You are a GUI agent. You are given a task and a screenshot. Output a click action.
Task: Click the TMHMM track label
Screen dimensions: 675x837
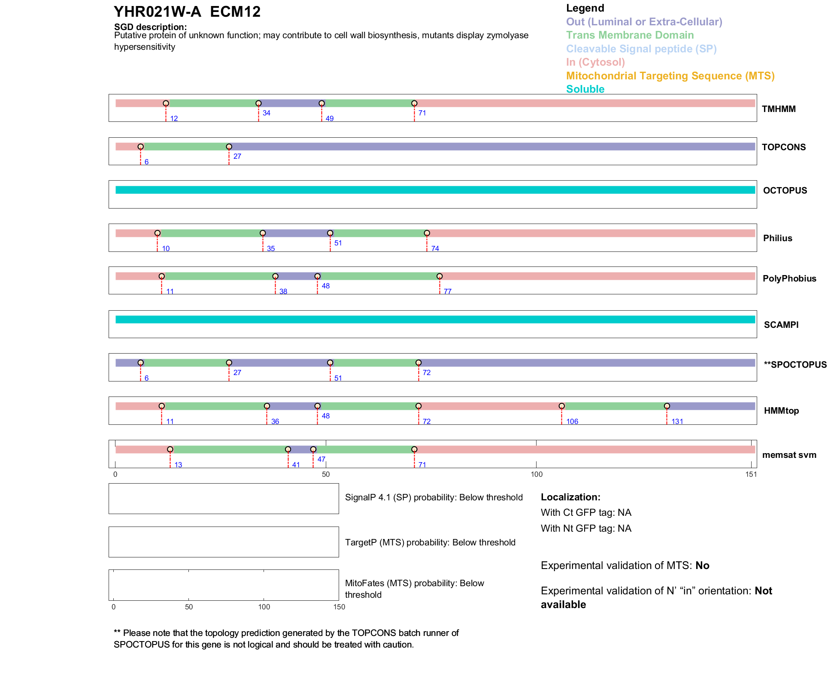point(778,109)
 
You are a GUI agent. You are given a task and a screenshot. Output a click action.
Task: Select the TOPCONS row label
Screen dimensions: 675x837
point(783,147)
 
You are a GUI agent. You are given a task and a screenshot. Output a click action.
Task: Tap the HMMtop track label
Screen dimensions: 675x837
point(781,411)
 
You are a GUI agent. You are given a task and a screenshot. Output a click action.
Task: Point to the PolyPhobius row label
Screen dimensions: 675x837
point(789,278)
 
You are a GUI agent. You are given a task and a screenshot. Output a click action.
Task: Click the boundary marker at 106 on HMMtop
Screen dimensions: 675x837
point(561,406)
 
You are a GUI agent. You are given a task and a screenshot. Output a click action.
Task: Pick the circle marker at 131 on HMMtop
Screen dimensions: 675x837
point(667,406)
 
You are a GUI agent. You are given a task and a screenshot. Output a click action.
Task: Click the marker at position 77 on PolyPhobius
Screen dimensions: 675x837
point(440,276)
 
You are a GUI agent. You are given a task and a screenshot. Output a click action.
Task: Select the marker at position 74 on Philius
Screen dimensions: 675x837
point(427,233)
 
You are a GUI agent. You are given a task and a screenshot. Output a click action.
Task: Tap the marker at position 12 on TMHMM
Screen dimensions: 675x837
point(166,103)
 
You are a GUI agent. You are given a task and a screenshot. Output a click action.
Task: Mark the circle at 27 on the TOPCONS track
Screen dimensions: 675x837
point(229,147)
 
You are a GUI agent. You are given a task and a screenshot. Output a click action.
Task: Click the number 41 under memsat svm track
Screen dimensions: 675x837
point(296,465)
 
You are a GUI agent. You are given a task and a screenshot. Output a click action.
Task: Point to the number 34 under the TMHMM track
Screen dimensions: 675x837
point(266,113)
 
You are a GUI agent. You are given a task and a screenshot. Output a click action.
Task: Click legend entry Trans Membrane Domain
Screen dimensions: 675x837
point(630,35)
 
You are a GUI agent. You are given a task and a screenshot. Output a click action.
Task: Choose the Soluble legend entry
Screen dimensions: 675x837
point(585,89)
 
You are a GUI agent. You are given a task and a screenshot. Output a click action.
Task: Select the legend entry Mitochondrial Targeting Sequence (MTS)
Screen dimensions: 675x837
point(670,76)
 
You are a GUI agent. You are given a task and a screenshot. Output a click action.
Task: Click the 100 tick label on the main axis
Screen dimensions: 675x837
point(537,474)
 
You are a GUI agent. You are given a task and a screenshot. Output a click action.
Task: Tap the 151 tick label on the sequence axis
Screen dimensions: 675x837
point(751,474)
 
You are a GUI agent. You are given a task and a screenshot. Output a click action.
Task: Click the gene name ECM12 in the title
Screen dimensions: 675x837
point(235,12)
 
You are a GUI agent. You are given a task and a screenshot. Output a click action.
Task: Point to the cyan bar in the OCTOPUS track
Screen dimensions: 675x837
point(435,190)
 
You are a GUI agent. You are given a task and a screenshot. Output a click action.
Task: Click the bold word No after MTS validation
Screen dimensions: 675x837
point(702,566)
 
